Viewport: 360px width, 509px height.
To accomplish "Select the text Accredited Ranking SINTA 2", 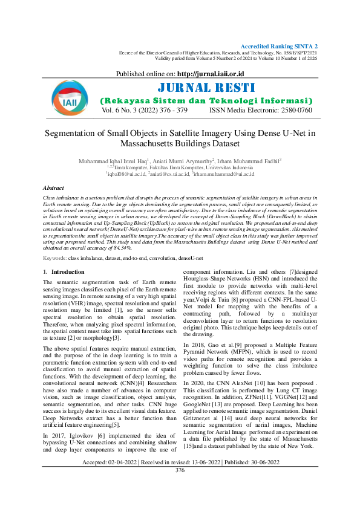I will (279, 47).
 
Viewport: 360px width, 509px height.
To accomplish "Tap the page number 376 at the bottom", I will (180, 487).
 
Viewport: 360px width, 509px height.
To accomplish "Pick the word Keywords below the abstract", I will (55, 258).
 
